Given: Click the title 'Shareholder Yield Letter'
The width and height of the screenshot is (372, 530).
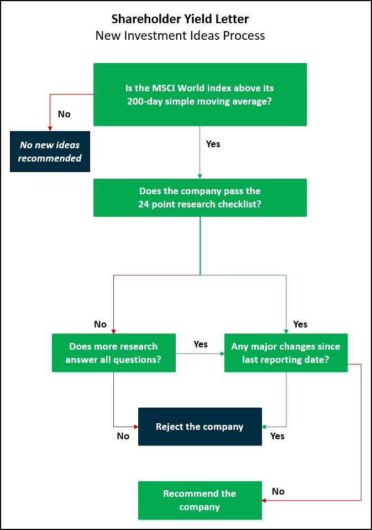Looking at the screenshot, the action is [180, 19].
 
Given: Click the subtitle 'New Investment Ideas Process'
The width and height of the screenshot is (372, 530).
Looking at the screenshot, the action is [180, 35].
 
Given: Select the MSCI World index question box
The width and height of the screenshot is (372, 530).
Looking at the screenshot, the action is [200, 95].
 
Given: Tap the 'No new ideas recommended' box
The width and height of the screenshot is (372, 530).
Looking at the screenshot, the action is [50, 152].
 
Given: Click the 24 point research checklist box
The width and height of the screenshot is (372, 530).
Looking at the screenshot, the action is [200, 198].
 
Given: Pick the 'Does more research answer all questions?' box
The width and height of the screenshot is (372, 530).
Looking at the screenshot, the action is [114, 353].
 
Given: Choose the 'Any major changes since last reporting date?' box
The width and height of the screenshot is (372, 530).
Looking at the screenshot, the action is [286, 353].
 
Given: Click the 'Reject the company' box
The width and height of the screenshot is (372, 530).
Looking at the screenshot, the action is [200, 427].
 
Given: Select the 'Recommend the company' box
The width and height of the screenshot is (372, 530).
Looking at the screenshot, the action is [200, 500].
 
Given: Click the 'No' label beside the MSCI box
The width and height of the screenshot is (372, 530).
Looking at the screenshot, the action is [64, 115].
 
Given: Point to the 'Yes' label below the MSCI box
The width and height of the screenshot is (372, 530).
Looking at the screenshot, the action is [213, 144].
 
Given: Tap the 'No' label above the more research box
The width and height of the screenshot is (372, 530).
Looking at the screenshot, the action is [100, 325].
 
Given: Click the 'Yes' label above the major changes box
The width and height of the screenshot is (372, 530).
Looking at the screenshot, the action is [300, 325].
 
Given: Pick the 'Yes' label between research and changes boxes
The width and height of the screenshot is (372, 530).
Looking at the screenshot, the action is [201, 345].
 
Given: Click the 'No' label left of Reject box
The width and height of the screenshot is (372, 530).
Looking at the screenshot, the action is [123, 437].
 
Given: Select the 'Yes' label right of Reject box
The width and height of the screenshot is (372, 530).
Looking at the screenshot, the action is [277, 437].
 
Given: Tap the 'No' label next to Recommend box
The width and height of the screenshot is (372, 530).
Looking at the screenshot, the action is [278, 491].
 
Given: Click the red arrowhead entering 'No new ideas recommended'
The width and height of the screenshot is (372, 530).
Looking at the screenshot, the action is [50, 129].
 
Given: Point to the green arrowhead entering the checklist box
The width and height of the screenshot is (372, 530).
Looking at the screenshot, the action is [200, 176].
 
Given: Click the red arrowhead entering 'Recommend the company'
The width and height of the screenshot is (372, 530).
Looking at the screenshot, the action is [264, 500].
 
